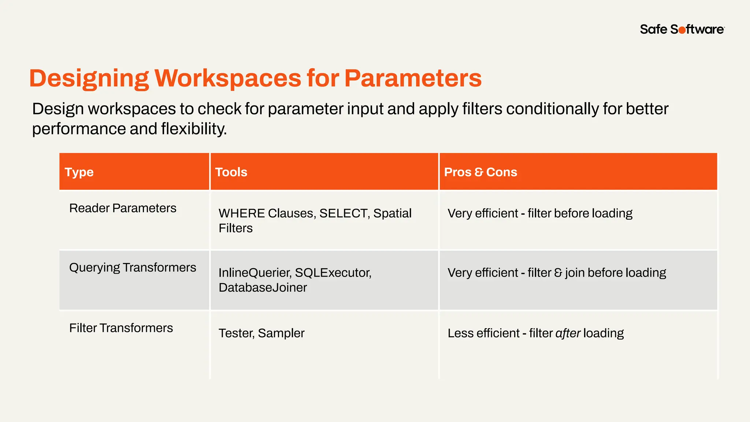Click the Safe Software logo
pyautogui.click(x=682, y=29)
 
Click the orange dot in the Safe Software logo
pyautogui.click(x=682, y=30)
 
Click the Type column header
pyautogui.click(x=79, y=172)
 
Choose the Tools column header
pyautogui.click(x=231, y=172)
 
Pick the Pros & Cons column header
pyautogui.click(x=480, y=172)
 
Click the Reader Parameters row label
pyautogui.click(x=123, y=208)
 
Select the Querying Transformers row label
pyautogui.click(x=133, y=267)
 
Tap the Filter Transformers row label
pyautogui.click(x=121, y=328)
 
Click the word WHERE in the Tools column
pyautogui.click(x=241, y=213)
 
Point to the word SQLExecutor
pyautogui.click(x=333, y=273)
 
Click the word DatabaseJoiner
pyautogui.click(x=263, y=288)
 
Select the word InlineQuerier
pyautogui.click(x=255, y=273)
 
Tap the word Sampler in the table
pyautogui.click(x=281, y=333)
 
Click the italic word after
pyautogui.click(x=568, y=333)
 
